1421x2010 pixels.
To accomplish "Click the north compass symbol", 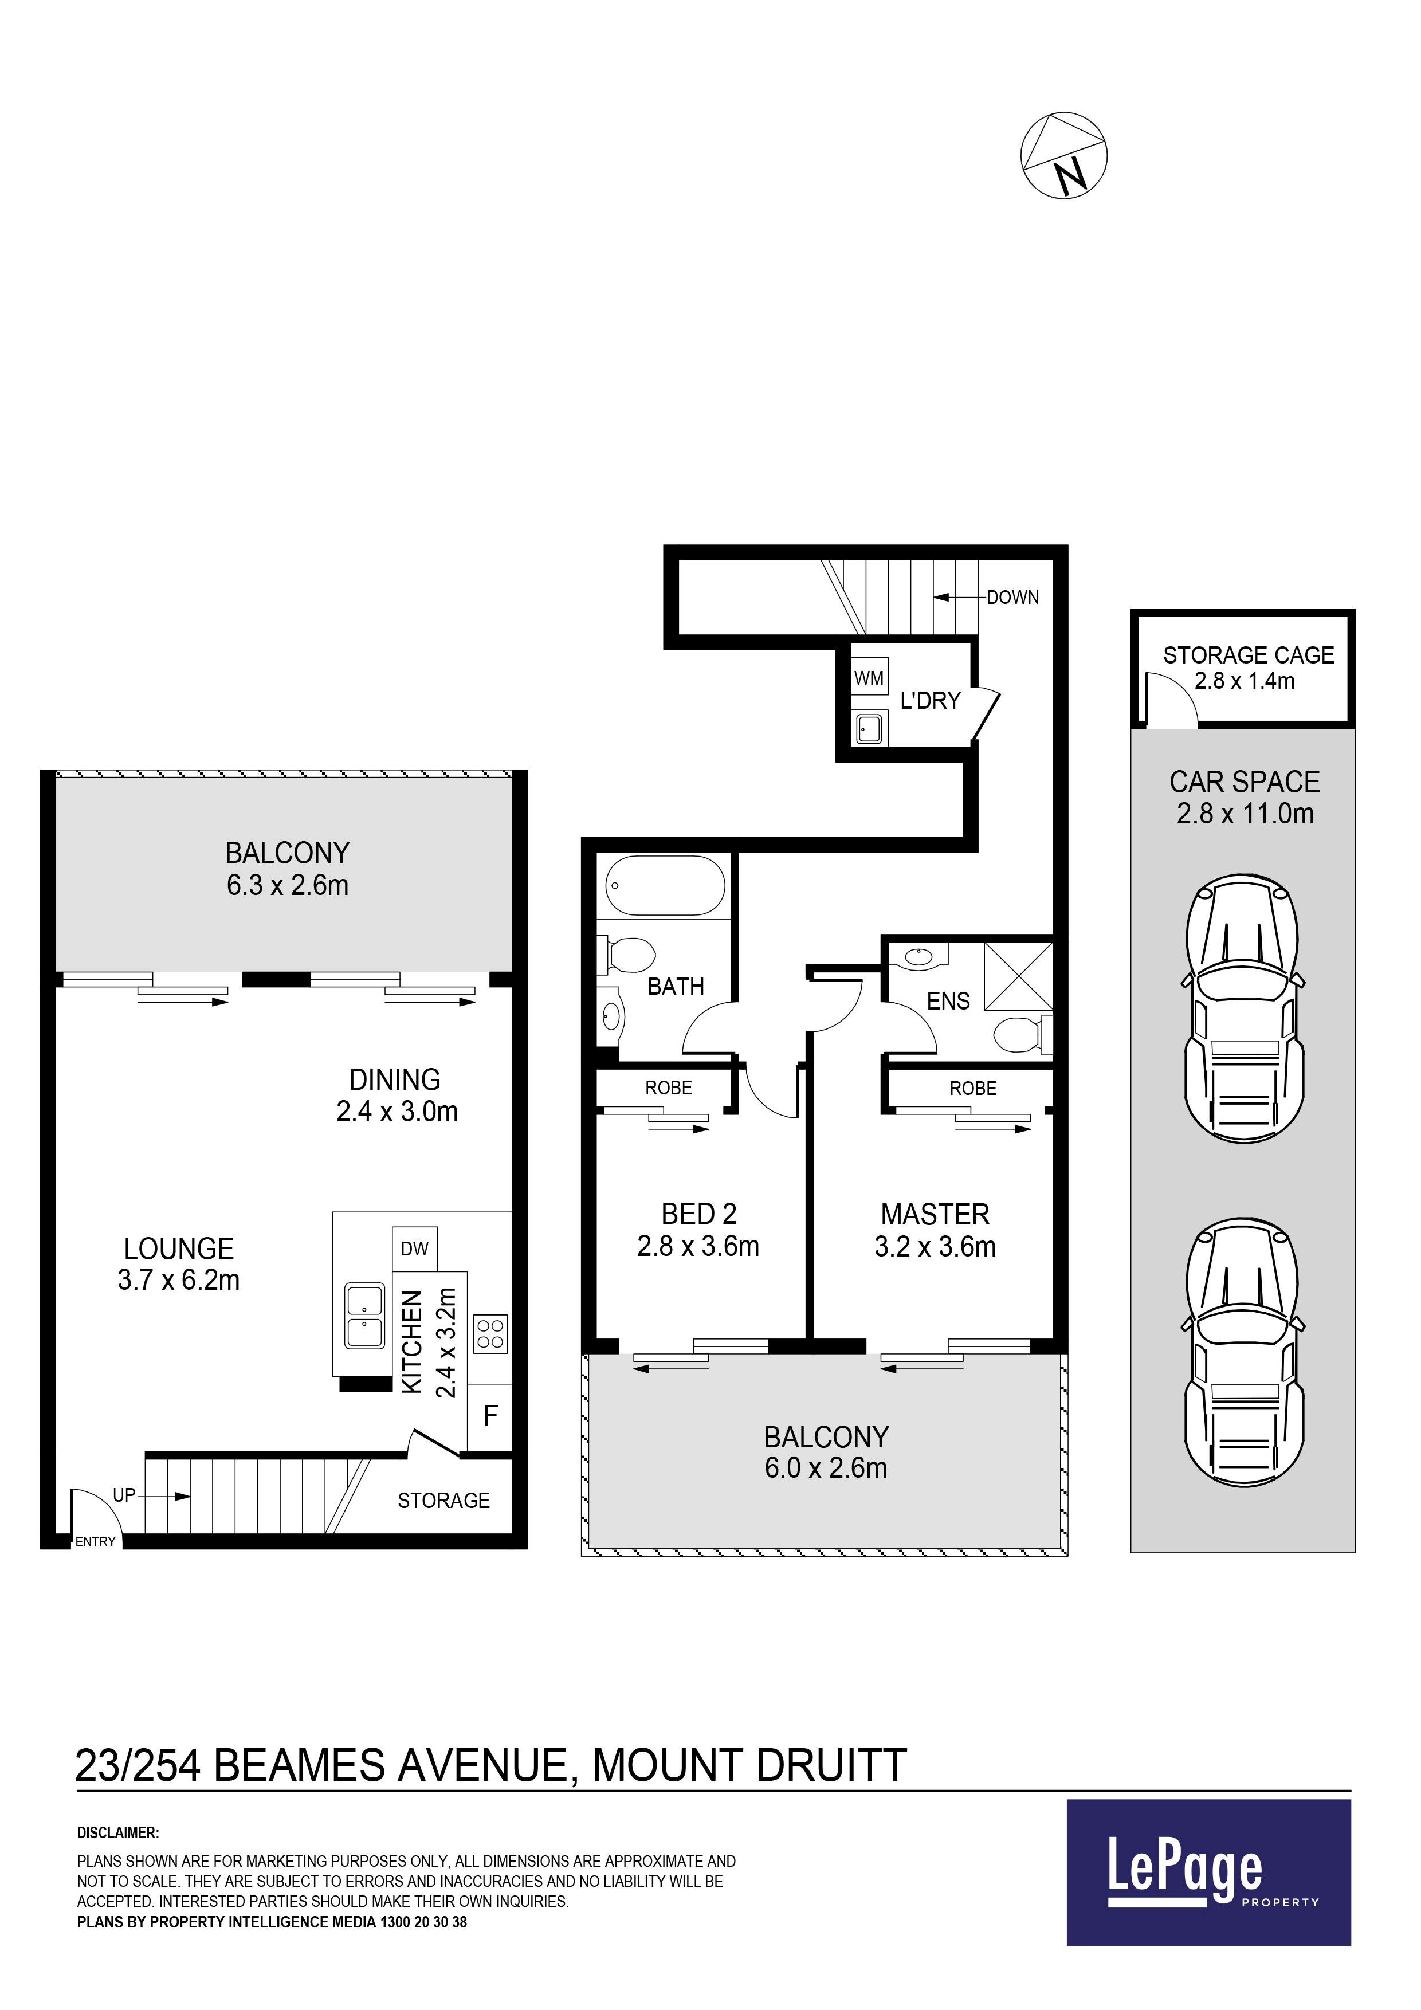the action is (1064, 155).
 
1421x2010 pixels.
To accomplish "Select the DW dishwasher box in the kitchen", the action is (415, 1249).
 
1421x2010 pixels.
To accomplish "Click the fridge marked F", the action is (490, 1416).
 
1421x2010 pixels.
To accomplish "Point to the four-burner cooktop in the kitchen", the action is (490, 1333).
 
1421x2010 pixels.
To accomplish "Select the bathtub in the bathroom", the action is (665, 886).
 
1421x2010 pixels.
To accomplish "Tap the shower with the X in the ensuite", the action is (1018, 976).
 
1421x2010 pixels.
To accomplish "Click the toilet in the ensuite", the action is (1023, 1035).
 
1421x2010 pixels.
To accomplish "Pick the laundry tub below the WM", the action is (869, 728).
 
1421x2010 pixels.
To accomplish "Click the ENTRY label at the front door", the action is (96, 1542).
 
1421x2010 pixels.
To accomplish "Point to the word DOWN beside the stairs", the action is (1013, 597).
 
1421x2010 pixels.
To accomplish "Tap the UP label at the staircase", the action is (124, 1495).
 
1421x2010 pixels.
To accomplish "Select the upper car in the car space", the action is (1244, 1008).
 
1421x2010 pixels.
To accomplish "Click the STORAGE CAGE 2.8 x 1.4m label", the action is (1247, 668).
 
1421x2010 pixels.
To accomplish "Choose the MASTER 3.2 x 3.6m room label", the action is (935, 1230).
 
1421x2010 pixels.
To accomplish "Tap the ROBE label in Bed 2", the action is (669, 1088).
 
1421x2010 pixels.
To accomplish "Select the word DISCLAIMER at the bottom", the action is (118, 1832).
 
